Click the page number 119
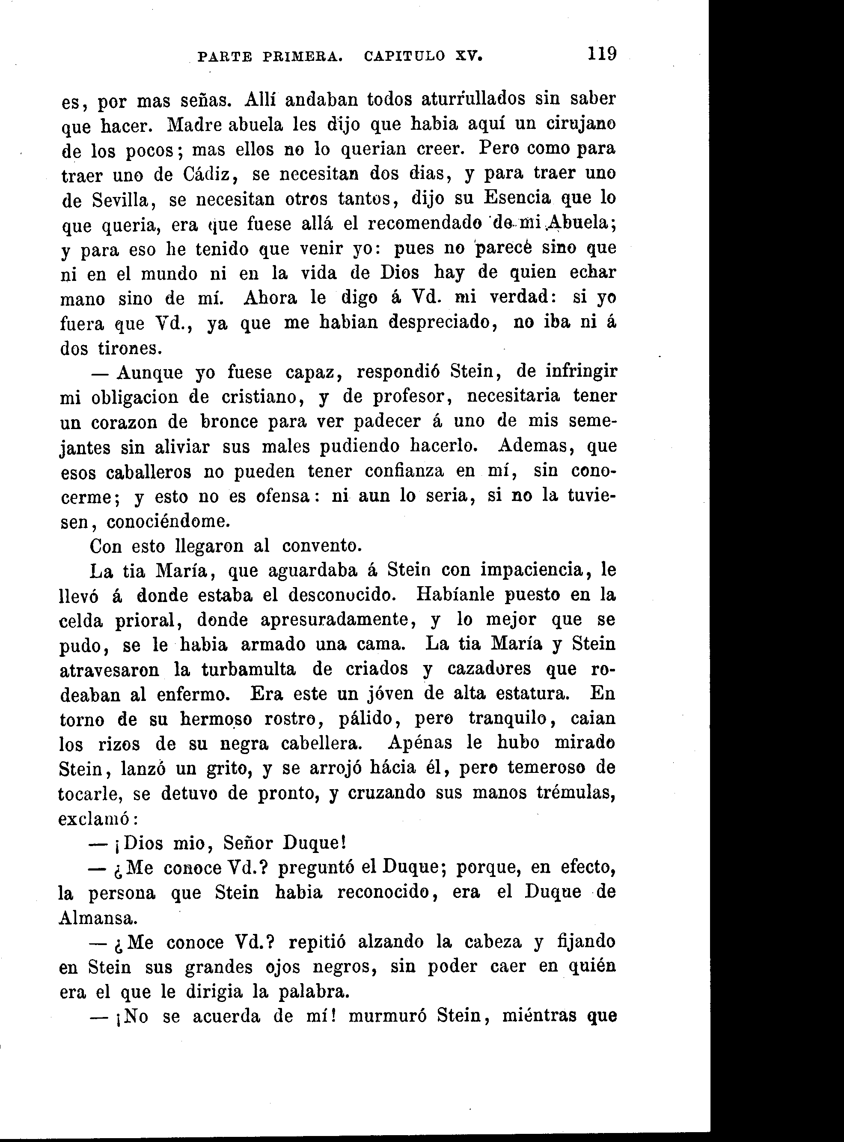[x=602, y=53]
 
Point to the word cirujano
[x=581, y=124]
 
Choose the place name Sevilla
[x=121, y=200]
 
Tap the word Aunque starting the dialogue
[x=149, y=372]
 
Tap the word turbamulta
[x=248, y=669]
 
